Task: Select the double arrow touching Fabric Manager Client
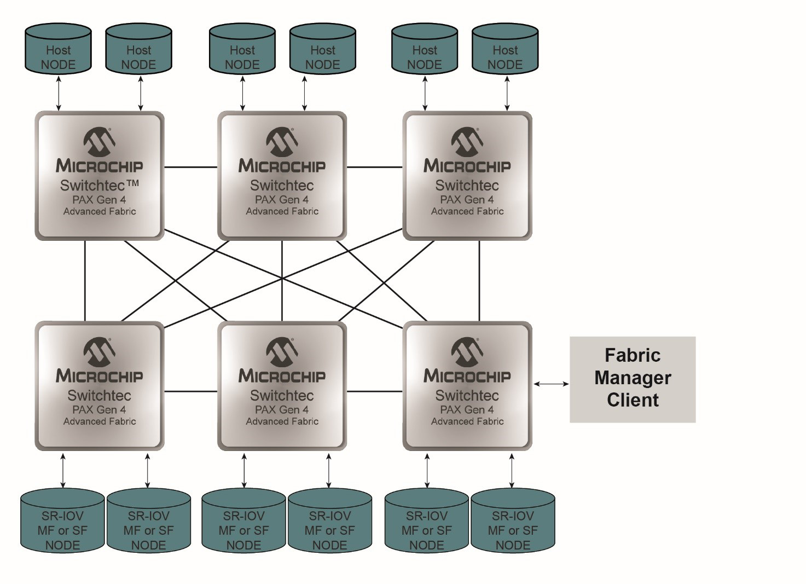tap(551, 384)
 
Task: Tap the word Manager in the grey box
tap(633, 378)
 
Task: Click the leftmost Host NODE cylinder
tap(58, 49)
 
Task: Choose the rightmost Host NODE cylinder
tap(505, 49)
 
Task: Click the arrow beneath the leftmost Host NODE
tap(60, 94)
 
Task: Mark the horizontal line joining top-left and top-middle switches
tap(191, 167)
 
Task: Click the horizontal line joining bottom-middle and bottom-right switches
tap(375, 391)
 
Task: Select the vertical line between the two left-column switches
tap(85, 280)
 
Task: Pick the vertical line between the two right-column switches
tap(479, 280)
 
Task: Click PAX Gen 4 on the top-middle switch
tap(282, 200)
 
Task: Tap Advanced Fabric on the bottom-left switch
tap(100, 421)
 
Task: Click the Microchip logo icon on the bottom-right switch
tap(467, 351)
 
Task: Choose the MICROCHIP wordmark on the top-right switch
tap(467, 166)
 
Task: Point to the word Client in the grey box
tap(633, 400)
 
